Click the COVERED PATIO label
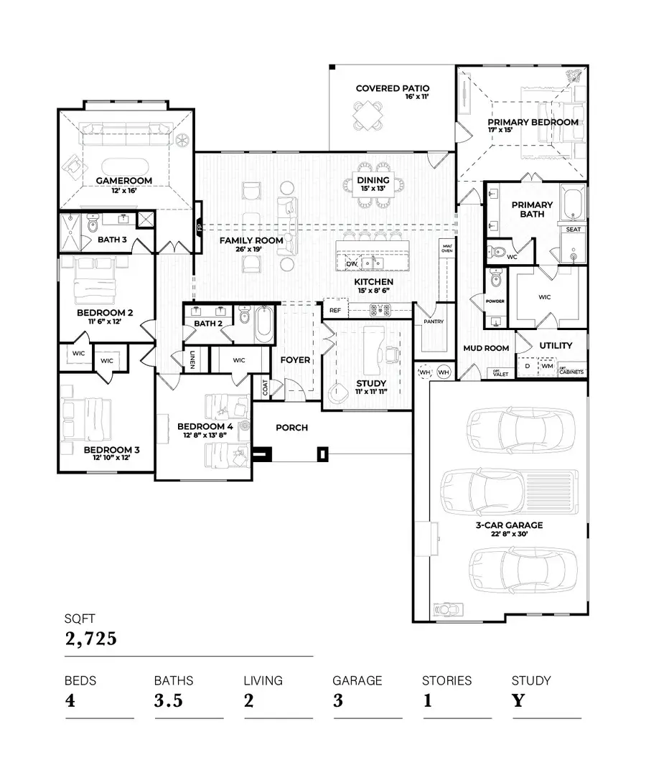click(392, 88)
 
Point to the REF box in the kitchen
click(334, 311)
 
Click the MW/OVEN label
click(446, 249)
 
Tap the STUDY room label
click(371, 383)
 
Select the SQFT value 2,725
click(91, 638)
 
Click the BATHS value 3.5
click(169, 701)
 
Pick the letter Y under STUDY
click(518, 701)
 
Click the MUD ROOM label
click(486, 348)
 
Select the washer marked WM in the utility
click(547, 366)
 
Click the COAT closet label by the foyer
click(266, 388)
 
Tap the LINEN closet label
click(194, 360)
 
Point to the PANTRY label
click(434, 321)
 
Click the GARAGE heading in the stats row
click(357, 680)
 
